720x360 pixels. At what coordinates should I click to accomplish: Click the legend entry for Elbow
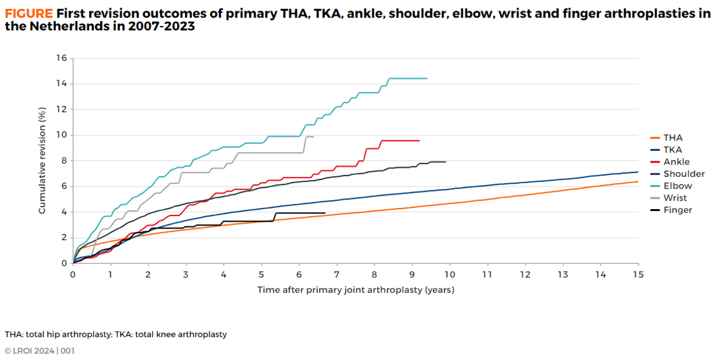click(677, 186)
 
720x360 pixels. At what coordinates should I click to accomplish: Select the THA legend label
click(673, 138)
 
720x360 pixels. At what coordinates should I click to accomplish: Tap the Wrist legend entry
click(676, 198)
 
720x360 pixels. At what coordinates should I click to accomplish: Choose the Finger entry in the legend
click(677, 210)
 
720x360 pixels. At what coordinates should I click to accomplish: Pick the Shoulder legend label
click(683, 174)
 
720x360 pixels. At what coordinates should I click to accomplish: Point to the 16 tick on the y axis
click(61, 58)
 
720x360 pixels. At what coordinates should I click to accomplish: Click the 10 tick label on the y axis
click(61, 135)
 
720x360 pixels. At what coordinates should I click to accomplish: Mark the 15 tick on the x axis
click(637, 274)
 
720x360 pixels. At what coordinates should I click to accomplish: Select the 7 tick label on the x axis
click(336, 274)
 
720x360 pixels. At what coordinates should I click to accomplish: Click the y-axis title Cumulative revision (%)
click(42, 161)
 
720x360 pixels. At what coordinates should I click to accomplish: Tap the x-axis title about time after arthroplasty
click(356, 290)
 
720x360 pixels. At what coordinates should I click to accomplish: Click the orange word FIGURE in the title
click(29, 13)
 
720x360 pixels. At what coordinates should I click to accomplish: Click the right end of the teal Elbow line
click(427, 78)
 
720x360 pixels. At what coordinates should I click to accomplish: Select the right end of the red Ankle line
click(420, 141)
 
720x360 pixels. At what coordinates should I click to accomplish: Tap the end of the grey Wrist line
click(314, 137)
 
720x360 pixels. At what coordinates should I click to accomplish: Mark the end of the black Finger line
click(325, 213)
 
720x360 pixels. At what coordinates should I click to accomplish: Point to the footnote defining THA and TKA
click(115, 335)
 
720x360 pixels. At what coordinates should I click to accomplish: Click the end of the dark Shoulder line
click(446, 162)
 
